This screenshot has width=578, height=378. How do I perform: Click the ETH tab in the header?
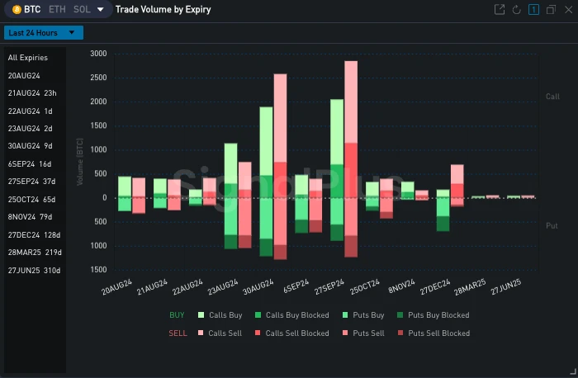point(57,10)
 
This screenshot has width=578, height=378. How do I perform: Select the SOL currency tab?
point(82,10)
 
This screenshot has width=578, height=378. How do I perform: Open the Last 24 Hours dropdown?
point(44,33)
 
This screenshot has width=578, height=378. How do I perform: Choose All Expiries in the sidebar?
point(28,58)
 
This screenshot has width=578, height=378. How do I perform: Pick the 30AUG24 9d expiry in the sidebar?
point(30,146)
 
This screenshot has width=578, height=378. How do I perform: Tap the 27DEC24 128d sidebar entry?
point(34,234)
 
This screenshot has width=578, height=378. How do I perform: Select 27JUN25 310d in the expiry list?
point(34,270)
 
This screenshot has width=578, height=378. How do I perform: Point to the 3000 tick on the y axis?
point(98,54)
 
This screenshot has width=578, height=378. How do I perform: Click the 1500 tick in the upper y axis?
point(98,125)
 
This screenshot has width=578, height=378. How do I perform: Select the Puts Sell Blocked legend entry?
point(438,333)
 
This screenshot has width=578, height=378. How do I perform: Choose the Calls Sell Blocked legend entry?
point(297,333)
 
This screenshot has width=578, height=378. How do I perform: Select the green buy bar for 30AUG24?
point(266,141)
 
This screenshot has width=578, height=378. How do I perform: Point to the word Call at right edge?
point(552,97)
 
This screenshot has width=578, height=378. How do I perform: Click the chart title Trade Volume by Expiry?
point(163,10)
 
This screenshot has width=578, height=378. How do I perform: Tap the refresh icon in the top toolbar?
point(516,10)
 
